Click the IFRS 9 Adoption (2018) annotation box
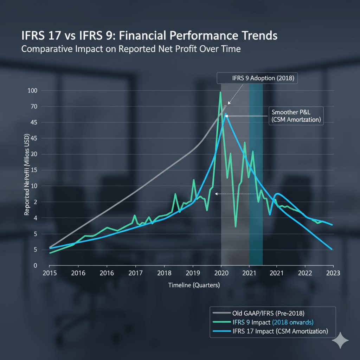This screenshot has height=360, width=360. click(257, 78)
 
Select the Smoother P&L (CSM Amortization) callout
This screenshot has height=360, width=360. click(296, 116)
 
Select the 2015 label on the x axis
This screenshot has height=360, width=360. click(50, 273)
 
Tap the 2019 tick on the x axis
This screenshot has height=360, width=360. click(192, 273)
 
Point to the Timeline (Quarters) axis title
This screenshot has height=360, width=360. click(194, 285)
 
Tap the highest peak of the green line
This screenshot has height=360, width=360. click(220, 92)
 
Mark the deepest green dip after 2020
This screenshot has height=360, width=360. click(236, 226)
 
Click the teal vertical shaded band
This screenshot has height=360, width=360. click(256, 176)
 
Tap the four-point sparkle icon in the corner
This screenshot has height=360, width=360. click(340, 341)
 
